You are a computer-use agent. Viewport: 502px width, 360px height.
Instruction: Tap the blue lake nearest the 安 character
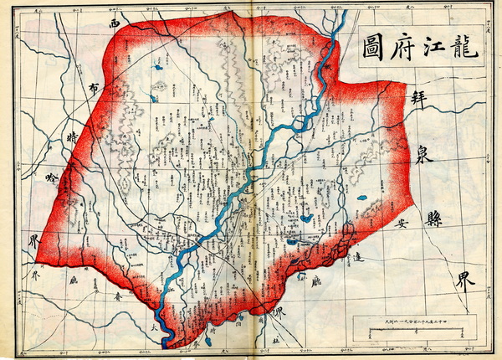pyautogui.click(x=362, y=198)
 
